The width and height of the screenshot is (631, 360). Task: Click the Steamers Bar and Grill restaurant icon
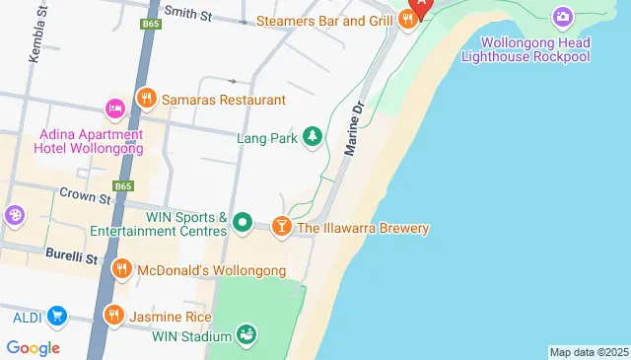407,20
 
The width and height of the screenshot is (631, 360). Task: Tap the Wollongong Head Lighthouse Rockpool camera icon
562,16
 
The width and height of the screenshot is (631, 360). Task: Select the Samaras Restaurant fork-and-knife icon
146,99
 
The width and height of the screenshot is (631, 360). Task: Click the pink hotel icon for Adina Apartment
114,107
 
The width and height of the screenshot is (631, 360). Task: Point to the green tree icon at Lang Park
313,135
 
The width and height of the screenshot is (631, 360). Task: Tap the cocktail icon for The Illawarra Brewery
282,228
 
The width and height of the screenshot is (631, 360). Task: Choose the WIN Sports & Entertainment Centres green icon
244,225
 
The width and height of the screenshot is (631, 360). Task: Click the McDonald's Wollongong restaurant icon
121,268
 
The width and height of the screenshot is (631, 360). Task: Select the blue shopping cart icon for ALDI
56,317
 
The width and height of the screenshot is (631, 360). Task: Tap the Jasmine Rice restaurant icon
113,316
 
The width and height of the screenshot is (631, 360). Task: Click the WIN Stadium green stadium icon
246,335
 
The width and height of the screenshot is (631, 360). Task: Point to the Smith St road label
188,13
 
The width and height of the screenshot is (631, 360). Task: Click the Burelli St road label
72,257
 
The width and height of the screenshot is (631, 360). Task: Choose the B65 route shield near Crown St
123,185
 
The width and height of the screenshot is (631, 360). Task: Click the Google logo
33,347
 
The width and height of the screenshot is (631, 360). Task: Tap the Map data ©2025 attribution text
588,352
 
